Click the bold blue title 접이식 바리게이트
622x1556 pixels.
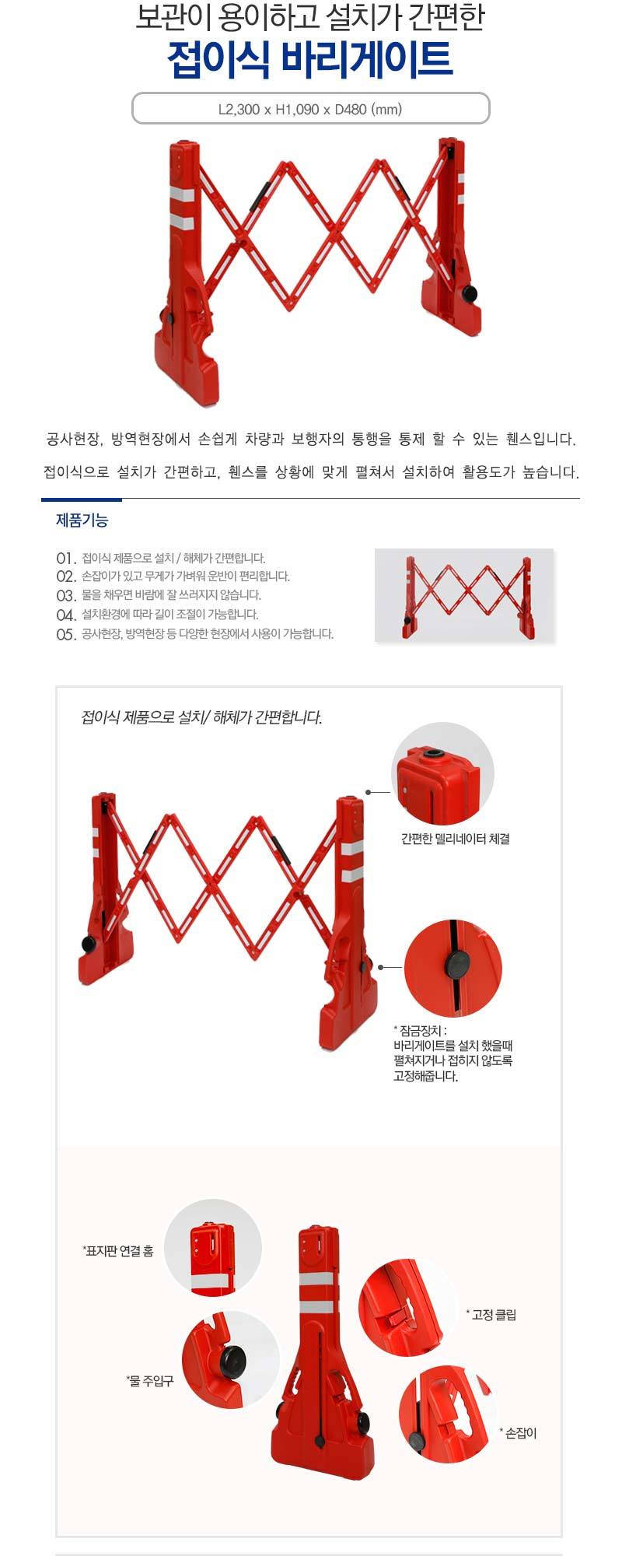point(310,60)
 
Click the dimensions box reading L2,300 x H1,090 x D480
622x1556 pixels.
point(310,109)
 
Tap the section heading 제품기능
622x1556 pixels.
point(82,520)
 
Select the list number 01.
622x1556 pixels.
point(66,559)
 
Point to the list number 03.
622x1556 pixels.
point(66,596)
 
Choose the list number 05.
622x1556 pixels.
point(66,634)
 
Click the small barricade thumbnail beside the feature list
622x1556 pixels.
point(464,595)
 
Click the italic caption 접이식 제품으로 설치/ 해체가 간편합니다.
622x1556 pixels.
point(201,717)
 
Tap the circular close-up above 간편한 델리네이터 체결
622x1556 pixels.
point(442,773)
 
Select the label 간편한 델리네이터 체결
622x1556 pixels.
point(455,839)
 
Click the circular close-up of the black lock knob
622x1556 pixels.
point(453,968)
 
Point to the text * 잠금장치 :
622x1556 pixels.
point(421,1031)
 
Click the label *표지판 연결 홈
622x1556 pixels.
point(118,1251)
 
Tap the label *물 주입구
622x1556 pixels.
point(150,1381)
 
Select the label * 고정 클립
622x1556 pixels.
point(491,1315)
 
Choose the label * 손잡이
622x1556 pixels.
point(518,1433)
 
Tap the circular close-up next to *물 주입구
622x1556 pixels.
point(230,1360)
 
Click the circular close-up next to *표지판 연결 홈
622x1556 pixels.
point(212,1248)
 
